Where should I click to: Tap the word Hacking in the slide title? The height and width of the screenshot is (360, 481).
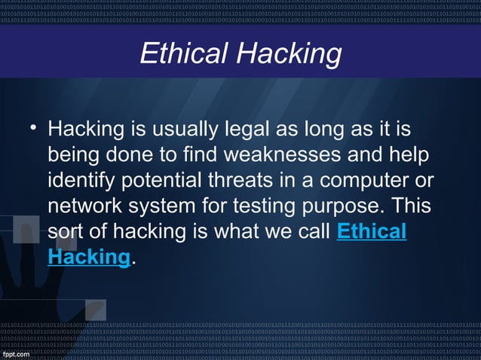pos(289,54)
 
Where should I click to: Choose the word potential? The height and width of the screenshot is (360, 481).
pos(164,182)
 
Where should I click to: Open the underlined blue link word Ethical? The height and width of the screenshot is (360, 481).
pos(371,232)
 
